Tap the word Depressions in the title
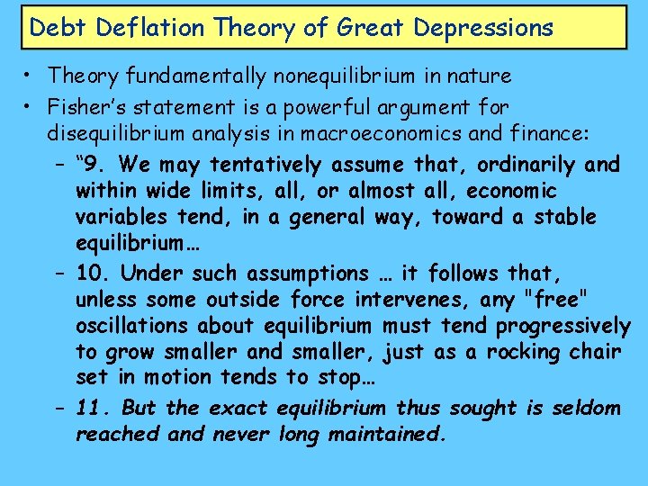(x=483, y=27)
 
